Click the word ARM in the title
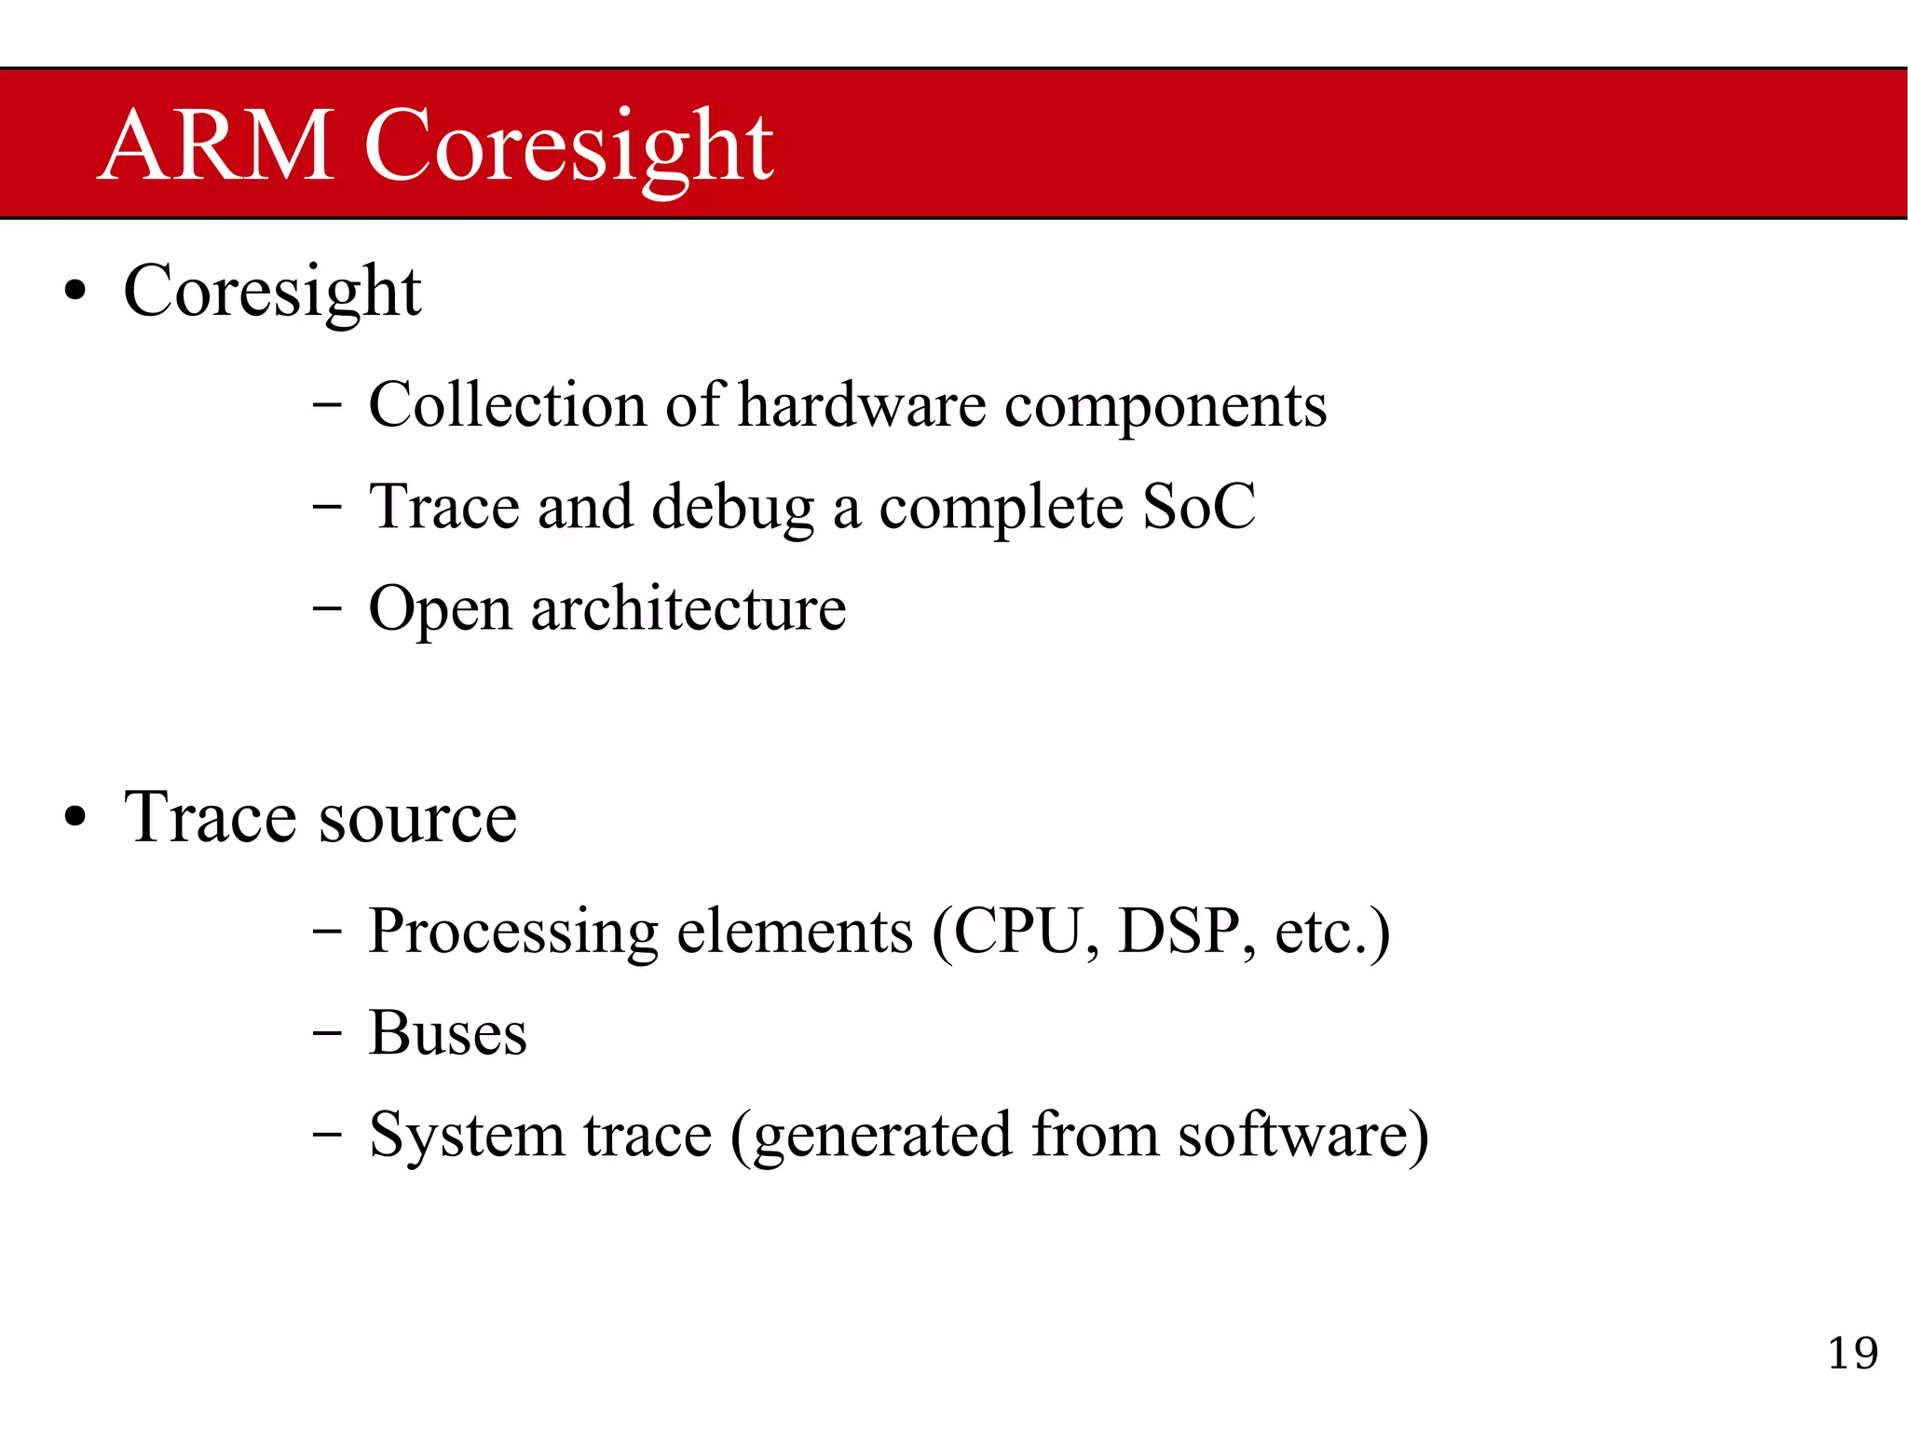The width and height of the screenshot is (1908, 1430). tap(216, 145)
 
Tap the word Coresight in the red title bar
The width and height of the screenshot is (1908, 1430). tap(568, 147)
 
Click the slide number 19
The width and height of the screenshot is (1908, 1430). tap(1852, 1353)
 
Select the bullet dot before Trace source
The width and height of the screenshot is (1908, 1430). tap(75, 818)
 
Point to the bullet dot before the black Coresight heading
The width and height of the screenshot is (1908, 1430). tap(75, 292)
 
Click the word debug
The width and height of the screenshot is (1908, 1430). tap(732, 509)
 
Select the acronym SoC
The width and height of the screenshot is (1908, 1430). tap(1199, 507)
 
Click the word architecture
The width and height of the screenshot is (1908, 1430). tap(688, 609)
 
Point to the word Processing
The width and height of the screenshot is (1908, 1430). tap(514, 932)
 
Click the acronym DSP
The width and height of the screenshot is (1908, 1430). tap(1179, 931)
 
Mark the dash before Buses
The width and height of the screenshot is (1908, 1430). tap(327, 1034)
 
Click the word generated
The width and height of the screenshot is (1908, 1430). tap(882, 1137)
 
